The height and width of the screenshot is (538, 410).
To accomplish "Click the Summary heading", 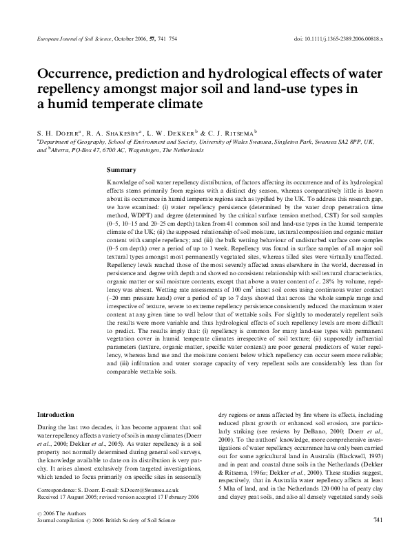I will [122, 169].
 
